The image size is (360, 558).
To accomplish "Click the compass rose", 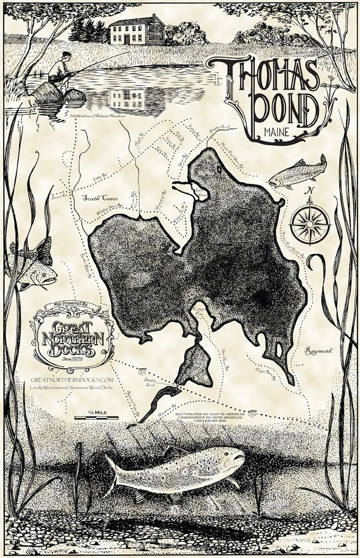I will click(310, 223).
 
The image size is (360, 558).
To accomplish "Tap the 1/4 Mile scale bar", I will click(96, 417).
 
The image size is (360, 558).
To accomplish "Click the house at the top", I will click(137, 30).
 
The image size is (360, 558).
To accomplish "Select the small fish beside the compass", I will click(298, 172).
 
